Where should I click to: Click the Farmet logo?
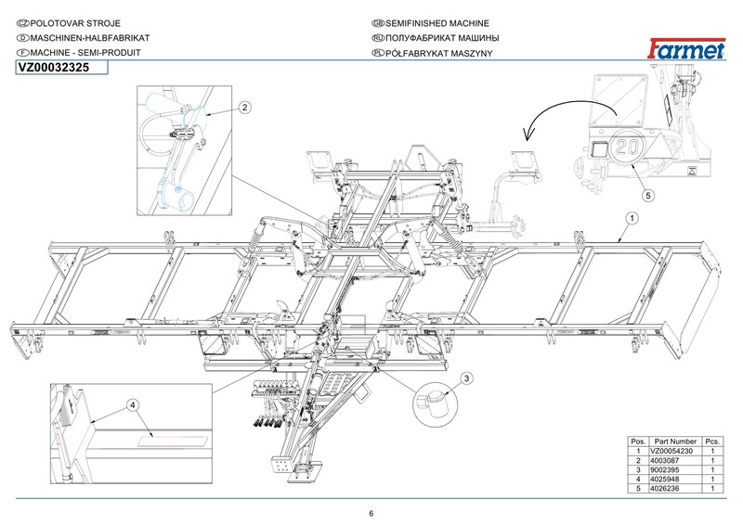(686, 49)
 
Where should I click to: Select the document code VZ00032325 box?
(61, 68)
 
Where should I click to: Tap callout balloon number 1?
(632, 218)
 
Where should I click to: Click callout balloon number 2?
(244, 108)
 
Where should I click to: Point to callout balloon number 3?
(467, 378)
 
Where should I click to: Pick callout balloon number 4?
(133, 405)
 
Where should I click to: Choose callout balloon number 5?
(648, 195)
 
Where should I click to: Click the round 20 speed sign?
(628, 147)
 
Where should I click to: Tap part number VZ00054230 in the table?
(671, 451)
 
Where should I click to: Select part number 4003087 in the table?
(664, 461)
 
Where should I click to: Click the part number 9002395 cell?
(664, 470)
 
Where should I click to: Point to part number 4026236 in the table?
(664, 489)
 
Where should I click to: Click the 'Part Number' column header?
(675, 442)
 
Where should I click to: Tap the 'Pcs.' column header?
(712, 442)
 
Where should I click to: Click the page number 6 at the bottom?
(371, 513)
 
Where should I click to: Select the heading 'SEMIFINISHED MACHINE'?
(437, 23)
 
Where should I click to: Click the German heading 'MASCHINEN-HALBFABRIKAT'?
(90, 38)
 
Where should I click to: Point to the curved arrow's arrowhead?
(527, 134)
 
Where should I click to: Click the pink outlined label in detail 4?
(173, 442)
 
